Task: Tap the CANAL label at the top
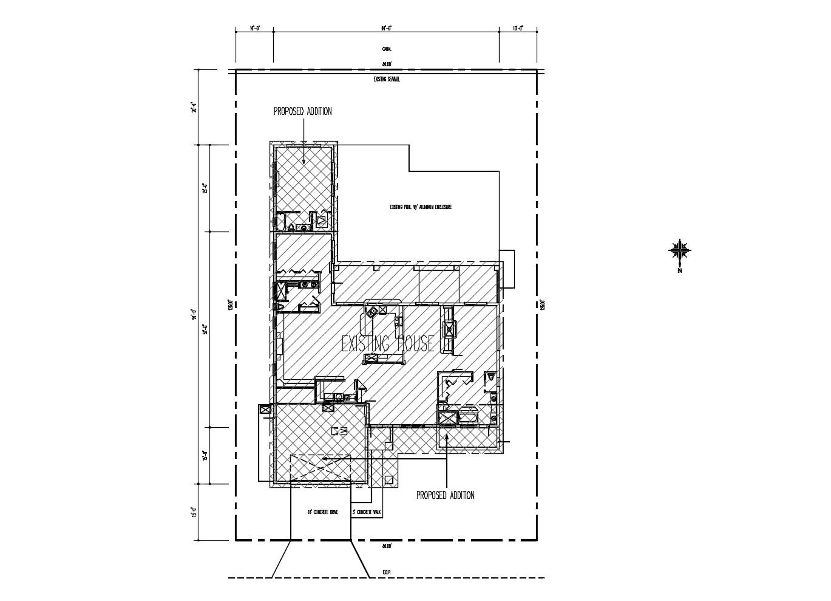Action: [386, 49]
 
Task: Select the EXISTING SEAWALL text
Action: [386, 79]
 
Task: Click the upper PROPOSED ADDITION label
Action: [302, 111]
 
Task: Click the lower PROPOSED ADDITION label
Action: [446, 495]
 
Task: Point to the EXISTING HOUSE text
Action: [388, 344]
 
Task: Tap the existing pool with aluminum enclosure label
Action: [421, 207]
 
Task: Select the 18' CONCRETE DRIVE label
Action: [322, 513]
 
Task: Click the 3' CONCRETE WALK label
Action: [367, 513]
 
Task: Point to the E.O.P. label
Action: [386, 572]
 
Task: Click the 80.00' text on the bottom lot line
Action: [386, 546]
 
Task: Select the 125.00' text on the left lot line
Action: [230, 304]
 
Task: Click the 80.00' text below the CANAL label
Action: [386, 64]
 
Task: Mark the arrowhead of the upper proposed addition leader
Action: [303, 161]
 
